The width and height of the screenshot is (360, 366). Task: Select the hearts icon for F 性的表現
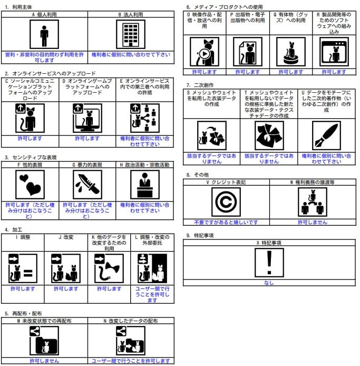pyautogui.click(x=30, y=184)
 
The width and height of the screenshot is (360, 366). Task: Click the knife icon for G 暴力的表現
pyautogui.click(x=87, y=184)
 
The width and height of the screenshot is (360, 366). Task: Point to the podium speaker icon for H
pyautogui.click(x=144, y=184)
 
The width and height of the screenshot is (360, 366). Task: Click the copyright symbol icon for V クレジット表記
pyautogui.click(x=226, y=202)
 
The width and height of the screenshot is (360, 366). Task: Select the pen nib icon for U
pyautogui.click(x=326, y=136)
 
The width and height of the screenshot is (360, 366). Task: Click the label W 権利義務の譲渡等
pyautogui.click(x=312, y=182)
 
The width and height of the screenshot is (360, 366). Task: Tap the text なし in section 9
pyautogui.click(x=269, y=283)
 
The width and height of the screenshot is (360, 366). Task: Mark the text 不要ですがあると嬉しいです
pyautogui.click(x=226, y=222)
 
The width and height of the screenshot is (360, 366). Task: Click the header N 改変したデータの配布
pyautogui.click(x=131, y=320)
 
